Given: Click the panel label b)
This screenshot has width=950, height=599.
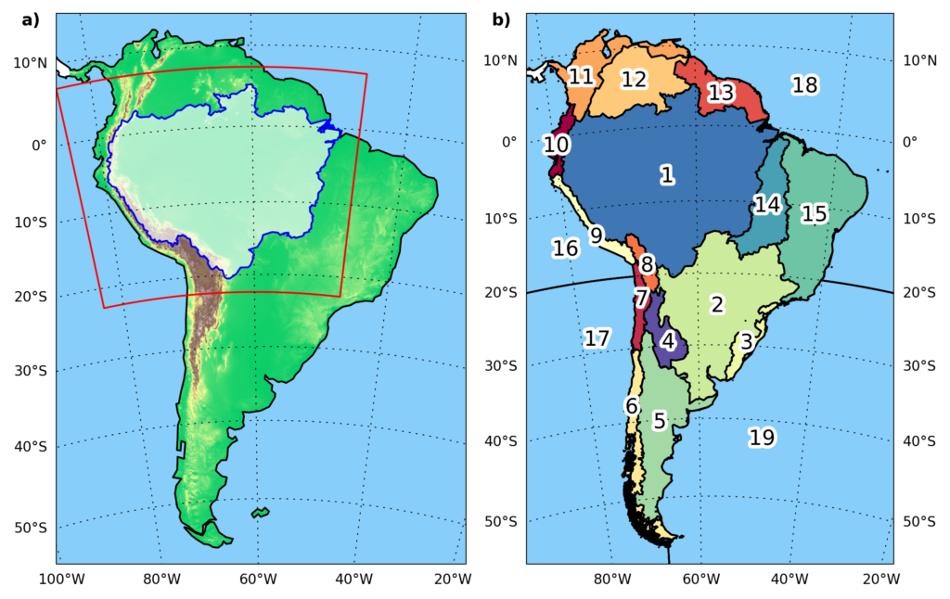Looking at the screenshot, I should tap(501, 19).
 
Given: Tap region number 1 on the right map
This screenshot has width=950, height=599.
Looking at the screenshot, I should tap(667, 174).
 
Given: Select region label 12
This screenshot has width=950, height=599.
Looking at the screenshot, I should tap(634, 80).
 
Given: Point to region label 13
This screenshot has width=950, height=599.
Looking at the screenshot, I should tap(721, 93).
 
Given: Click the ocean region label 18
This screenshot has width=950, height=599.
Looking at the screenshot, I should tap(804, 85).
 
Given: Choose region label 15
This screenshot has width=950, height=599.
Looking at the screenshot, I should tap(814, 213).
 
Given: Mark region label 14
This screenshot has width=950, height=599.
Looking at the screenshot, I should tap(767, 205).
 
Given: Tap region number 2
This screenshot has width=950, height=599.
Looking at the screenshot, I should tap(717, 303).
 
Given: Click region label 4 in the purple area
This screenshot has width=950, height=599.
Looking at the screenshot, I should tap(668, 341).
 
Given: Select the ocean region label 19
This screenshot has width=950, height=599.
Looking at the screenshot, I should tap(762, 437).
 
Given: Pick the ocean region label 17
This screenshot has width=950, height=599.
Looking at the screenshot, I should tap(597, 338).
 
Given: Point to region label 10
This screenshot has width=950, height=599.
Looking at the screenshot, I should tap(556, 145).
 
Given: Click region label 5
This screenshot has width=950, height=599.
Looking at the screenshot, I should tap(659, 421).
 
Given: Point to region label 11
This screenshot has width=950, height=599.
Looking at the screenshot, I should tap(581, 76).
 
